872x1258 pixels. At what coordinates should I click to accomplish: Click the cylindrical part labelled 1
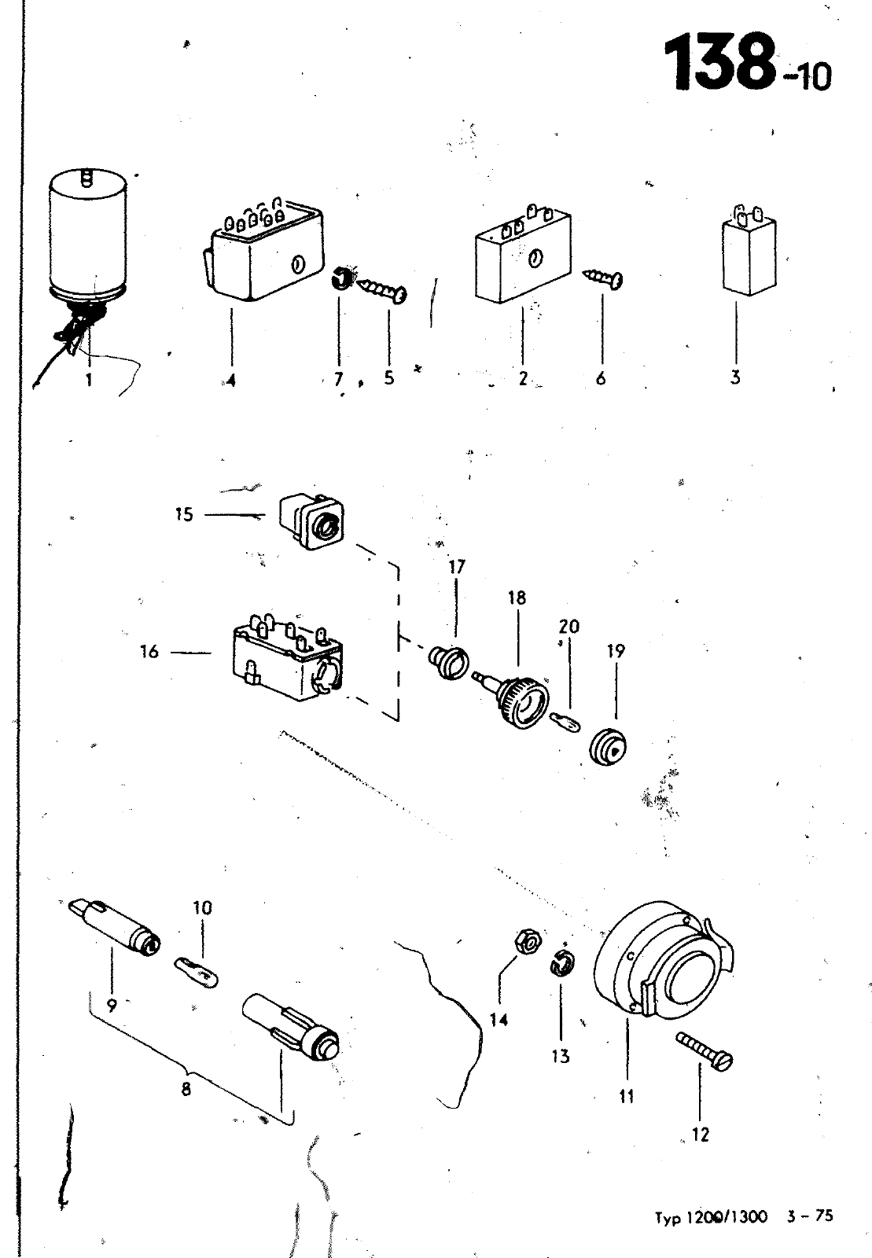point(89,236)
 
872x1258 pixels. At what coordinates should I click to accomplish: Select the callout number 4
point(230,381)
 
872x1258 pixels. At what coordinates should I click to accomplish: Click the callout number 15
point(184,514)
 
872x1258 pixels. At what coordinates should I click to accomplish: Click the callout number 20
point(568,626)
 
